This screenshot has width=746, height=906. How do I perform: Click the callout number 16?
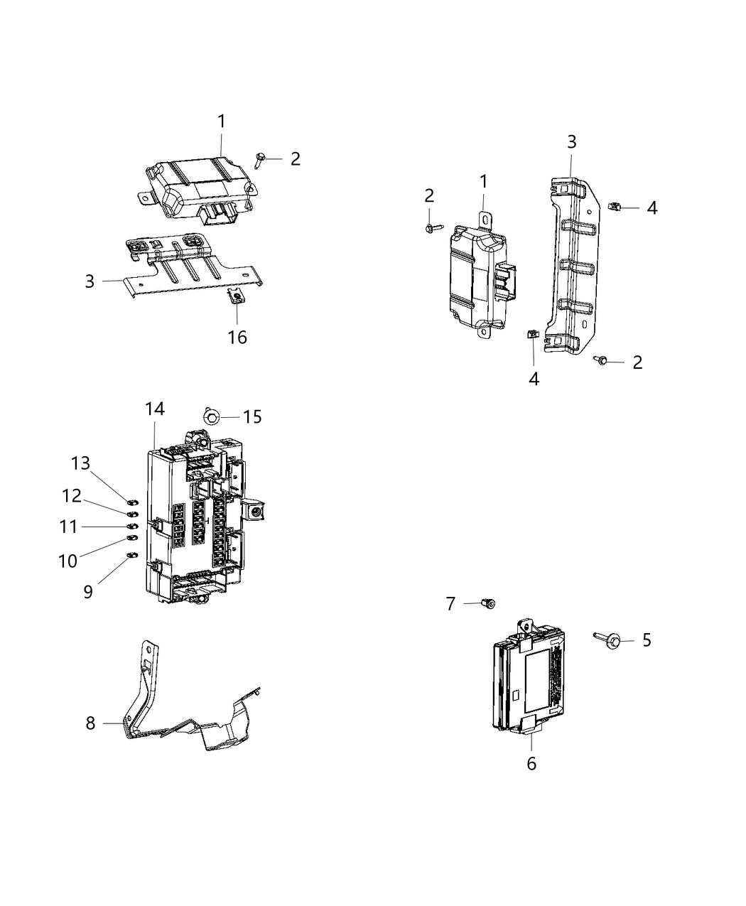[237, 337]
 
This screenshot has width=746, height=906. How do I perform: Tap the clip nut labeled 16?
[237, 296]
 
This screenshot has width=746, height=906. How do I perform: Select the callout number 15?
[252, 416]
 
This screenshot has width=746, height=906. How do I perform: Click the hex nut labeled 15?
[211, 416]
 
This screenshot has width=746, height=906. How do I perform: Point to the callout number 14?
[155, 409]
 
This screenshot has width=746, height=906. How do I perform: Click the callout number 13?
[80, 463]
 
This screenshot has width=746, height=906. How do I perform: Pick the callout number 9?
[88, 591]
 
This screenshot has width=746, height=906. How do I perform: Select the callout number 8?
[90, 723]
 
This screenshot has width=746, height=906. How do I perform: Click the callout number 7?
[450, 603]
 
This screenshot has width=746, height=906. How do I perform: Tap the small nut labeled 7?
[487, 603]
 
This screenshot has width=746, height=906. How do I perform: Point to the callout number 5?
[646, 640]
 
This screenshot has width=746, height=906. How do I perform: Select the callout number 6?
[531, 764]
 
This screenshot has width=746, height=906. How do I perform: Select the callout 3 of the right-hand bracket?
[571, 141]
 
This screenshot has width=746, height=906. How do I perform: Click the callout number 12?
[72, 495]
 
